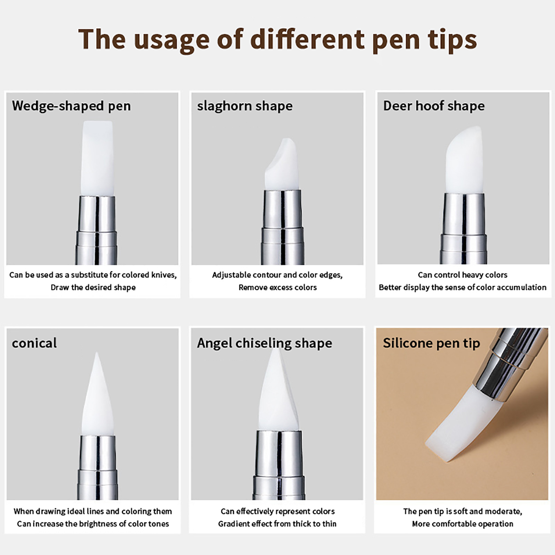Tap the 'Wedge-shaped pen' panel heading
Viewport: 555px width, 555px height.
click(71, 106)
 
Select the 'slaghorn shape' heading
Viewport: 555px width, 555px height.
click(245, 106)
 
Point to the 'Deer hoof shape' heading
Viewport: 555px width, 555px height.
click(434, 106)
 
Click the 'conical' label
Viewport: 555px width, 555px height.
click(34, 343)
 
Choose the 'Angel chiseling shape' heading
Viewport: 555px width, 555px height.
click(265, 343)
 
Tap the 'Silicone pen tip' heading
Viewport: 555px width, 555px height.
click(432, 343)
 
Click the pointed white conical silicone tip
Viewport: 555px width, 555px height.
click(97, 395)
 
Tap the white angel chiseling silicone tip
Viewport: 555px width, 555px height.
click(279, 390)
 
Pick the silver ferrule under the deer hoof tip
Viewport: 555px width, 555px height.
click(464, 229)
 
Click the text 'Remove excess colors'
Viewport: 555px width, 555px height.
click(277, 288)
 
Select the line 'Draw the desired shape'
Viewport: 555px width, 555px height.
click(93, 288)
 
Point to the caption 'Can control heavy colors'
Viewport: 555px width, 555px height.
click(462, 275)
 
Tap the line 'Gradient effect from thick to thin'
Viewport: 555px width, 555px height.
click(277, 524)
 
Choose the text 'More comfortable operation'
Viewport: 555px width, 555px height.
click(462, 524)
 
